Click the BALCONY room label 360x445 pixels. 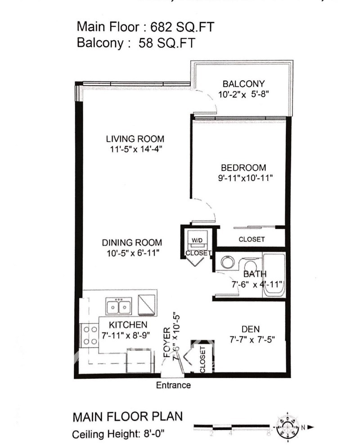coord(243,84)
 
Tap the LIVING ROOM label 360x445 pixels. coord(135,138)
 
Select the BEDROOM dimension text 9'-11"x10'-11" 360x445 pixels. coord(245,177)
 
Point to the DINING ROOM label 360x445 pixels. coord(132,242)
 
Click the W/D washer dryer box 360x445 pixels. coord(197,240)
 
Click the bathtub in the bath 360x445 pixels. coord(274,275)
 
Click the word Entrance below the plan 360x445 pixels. coord(173,385)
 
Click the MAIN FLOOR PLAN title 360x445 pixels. coord(128,417)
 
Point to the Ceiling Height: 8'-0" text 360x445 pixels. coord(119,435)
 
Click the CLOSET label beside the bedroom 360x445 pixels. coord(252,239)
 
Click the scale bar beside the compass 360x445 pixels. coord(232,426)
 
